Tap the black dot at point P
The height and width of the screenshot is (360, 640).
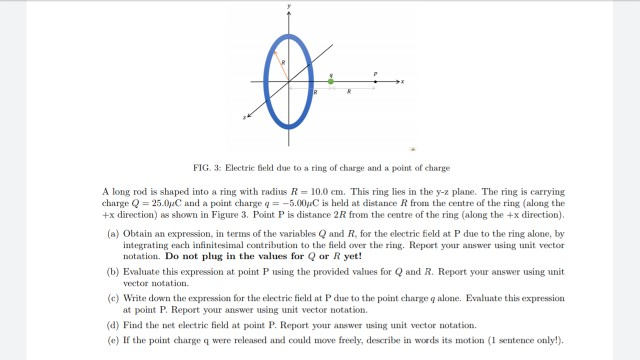[376, 81]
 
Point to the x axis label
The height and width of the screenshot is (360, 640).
[402, 81]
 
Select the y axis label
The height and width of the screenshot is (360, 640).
[289, 5]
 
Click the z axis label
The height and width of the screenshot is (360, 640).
[243, 116]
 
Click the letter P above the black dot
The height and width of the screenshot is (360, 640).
[376, 73]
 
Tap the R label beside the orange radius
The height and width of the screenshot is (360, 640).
[284, 62]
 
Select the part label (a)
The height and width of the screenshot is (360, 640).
[112, 232]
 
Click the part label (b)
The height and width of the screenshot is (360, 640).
[112, 270]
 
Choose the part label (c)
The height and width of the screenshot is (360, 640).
[112, 298]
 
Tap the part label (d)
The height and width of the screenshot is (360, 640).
[112, 326]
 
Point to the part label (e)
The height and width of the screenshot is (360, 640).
[112, 340]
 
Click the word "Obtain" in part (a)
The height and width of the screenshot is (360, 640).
[137, 232]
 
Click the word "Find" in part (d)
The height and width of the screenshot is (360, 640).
[132, 326]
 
